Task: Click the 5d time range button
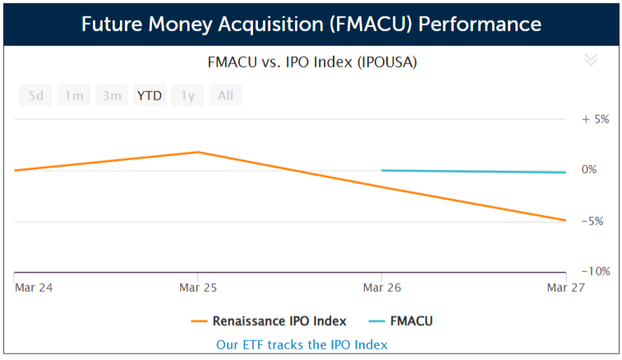point(35,95)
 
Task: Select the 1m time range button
point(74,95)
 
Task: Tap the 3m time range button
point(112,95)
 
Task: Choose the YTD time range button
point(150,95)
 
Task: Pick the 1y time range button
point(188,95)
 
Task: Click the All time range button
point(225,95)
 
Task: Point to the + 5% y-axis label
point(595,119)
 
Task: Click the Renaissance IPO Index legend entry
point(269,321)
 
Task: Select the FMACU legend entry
point(401,321)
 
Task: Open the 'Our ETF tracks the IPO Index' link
point(302,344)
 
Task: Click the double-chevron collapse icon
point(590,60)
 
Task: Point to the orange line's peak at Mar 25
point(198,152)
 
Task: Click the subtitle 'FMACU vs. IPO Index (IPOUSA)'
point(311,62)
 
